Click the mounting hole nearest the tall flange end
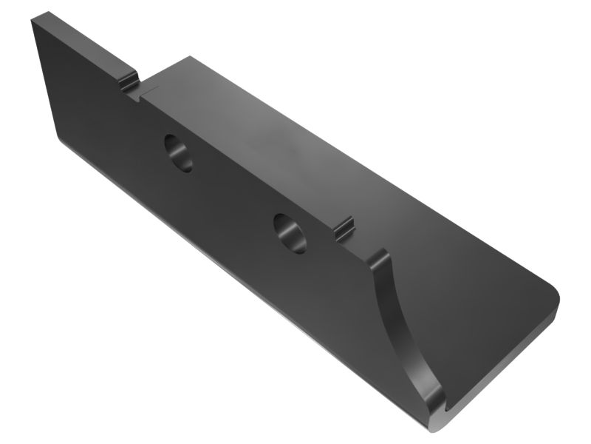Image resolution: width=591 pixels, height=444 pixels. (179, 152)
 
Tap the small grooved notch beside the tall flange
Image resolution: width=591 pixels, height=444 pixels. (130, 82)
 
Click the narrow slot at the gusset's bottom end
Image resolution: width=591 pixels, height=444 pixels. (448, 406)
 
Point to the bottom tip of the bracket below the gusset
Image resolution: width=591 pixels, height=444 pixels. (434, 426)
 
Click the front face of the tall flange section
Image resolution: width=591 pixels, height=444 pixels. (81, 96)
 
